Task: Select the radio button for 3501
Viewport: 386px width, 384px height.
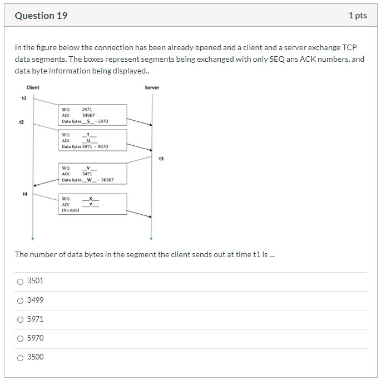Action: point(21,282)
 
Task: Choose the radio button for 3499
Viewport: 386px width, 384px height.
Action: point(21,301)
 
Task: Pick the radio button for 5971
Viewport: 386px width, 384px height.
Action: point(21,319)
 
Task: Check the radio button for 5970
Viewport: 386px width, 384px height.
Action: point(21,338)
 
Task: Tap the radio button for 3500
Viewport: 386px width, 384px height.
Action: point(21,357)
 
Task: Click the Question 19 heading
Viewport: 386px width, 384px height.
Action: point(41,16)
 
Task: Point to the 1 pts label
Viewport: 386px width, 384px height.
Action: point(358,16)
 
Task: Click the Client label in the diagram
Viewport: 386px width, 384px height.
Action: point(33,87)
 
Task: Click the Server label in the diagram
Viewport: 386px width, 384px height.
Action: point(152,87)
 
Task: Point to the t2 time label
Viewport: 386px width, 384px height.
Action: point(21,122)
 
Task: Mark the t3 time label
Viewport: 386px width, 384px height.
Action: point(161,159)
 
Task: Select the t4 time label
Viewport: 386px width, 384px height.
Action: point(24,194)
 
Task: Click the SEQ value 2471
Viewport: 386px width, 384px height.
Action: point(86,110)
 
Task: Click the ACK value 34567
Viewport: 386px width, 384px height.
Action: point(88,115)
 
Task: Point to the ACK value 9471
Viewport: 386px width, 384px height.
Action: point(87,174)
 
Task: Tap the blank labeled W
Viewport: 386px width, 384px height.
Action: point(89,180)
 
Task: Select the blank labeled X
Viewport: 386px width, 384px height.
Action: point(90,199)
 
